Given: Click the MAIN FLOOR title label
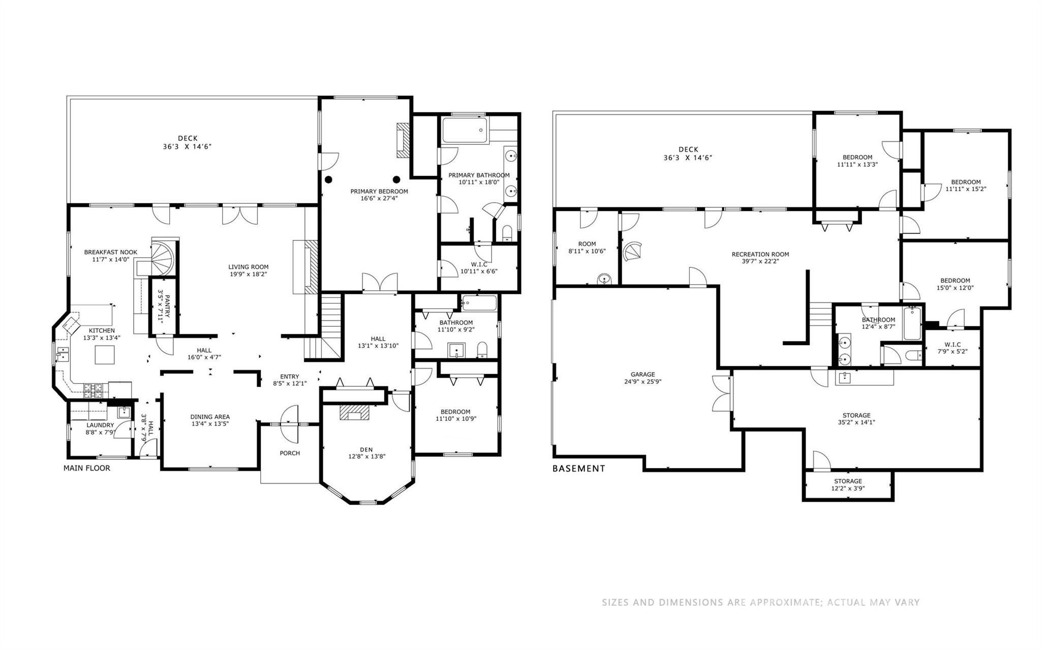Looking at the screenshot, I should pos(86,468).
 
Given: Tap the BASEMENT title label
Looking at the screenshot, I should pos(578,469).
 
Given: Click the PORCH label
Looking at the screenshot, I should pos(290,453).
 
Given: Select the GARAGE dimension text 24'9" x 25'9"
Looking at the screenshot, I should pos(642,382).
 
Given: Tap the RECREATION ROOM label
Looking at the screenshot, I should pos(760,255).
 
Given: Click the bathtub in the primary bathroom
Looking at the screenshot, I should pos(464,130).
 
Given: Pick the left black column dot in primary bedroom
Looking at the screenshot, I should pos(329,179).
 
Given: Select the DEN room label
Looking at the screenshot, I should pos(366,449).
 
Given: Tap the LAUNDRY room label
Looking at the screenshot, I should pos(100,425).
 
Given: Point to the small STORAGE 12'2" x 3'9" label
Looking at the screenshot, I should pos(848,481).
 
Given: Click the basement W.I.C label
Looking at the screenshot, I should pos(952,345).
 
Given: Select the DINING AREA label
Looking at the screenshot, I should pos(210,417).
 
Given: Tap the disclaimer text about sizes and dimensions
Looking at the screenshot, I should pos(760,603).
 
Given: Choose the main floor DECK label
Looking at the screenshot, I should pos(188,138).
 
